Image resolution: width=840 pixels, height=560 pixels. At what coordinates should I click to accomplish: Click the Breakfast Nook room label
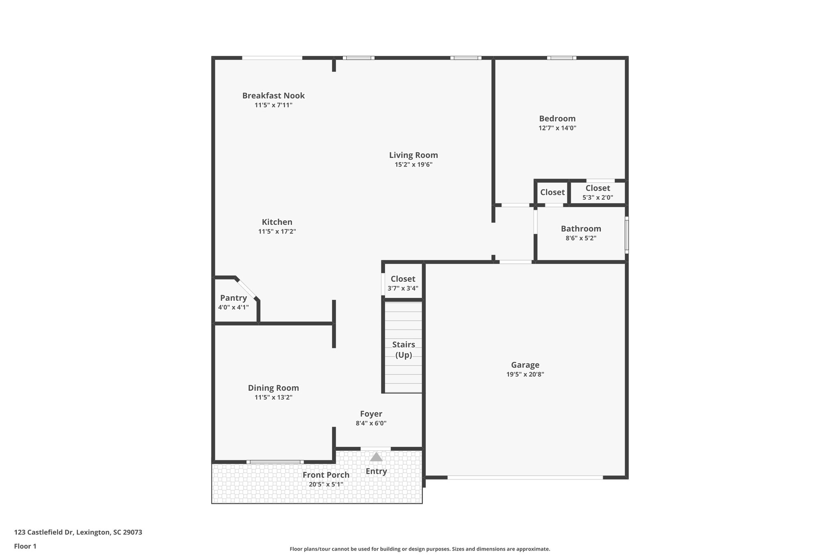[273, 96]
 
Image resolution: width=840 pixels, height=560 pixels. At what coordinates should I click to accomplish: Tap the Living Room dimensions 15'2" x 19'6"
[413, 165]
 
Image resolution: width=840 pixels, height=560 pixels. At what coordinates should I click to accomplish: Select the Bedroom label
[557, 119]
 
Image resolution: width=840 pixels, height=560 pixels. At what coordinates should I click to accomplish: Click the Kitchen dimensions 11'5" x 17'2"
[277, 231]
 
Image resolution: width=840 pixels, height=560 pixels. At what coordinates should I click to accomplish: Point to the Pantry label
[233, 298]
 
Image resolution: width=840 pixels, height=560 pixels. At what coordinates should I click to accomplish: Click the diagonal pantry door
[247, 288]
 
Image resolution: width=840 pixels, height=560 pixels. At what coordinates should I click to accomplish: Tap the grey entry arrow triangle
[376, 457]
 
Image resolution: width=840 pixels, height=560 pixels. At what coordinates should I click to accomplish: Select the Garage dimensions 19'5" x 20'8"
[525, 374]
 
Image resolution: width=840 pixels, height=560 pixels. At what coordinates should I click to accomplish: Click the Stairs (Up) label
[404, 350]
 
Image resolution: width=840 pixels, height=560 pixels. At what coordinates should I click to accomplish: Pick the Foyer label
[371, 414]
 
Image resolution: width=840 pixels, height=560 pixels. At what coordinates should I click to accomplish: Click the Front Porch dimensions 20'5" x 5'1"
[326, 484]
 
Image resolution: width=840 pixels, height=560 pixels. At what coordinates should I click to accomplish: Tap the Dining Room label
[273, 388]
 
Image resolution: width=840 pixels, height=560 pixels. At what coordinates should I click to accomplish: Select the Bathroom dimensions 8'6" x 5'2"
[581, 238]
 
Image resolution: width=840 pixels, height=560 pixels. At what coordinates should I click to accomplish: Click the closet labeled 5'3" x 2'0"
[598, 192]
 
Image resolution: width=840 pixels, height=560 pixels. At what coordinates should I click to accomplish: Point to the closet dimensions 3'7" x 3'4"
[403, 288]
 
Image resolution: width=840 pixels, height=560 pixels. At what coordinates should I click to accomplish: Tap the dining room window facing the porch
[275, 462]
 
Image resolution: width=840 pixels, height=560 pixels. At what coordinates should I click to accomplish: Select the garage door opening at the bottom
[525, 477]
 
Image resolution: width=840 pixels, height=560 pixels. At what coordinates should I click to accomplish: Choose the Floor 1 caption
[25, 546]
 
